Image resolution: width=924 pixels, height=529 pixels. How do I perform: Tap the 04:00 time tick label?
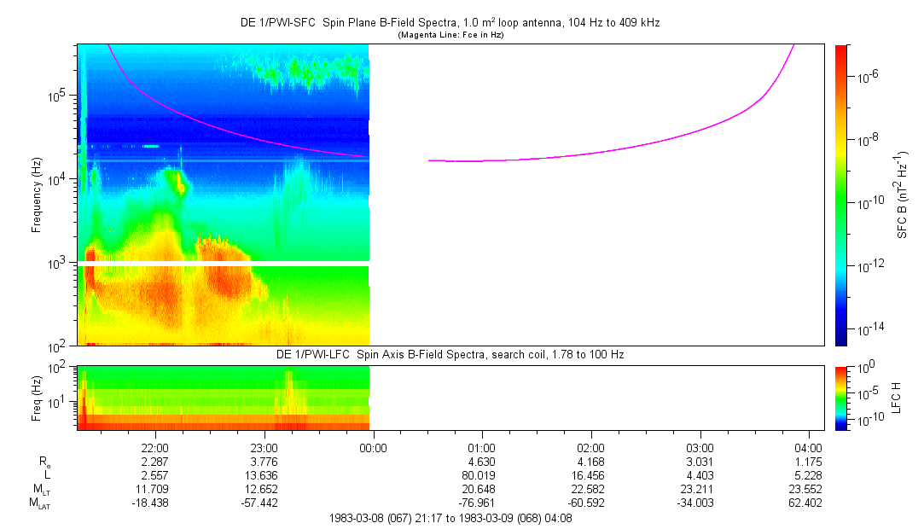(x=809, y=447)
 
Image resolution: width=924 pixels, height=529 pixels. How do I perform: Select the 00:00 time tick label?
(x=373, y=447)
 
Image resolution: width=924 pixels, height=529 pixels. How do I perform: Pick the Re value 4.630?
(x=482, y=462)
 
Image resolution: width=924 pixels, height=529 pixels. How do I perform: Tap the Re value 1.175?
(x=809, y=462)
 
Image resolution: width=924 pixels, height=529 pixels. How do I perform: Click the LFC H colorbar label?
(x=896, y=398)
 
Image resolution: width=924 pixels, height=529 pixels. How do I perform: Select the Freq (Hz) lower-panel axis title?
(x=37, y=397)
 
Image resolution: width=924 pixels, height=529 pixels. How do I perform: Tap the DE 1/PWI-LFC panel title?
(x=450, y=354)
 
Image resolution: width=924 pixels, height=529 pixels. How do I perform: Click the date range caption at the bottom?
(x=450, y=518)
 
